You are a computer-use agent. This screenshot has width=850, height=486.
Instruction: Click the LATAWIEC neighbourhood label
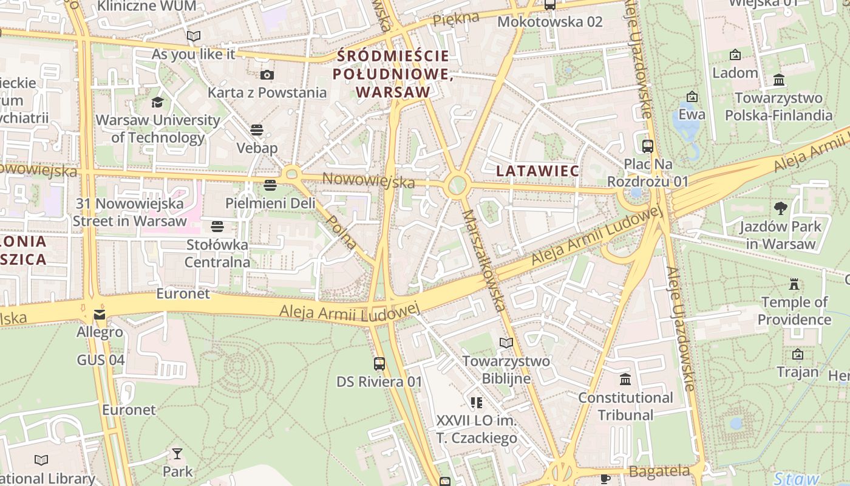tap(537, 171)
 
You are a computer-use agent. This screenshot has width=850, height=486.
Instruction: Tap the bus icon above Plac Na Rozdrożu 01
tap(648, 146)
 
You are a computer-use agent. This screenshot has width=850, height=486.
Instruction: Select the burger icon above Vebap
tap(257, 130)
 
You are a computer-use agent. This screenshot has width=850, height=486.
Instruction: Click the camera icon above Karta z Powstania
tap(267, 75)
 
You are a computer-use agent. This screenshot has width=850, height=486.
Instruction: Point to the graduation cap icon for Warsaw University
tap(158, 102)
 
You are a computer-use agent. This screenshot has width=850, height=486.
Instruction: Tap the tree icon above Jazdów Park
tap(781, 208)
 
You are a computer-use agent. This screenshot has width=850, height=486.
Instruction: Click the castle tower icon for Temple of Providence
tap(794, 284)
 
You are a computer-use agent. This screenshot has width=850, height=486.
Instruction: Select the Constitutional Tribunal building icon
tap(625, 380)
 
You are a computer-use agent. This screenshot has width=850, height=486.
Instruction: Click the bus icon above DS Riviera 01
tap(379, 363)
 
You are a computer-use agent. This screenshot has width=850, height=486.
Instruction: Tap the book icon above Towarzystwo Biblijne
tap(506, 343)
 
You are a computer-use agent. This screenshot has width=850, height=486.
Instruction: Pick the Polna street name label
tap(342, 231)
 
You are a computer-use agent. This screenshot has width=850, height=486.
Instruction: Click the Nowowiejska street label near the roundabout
tap(369, 180)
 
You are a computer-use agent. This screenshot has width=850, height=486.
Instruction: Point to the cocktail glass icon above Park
tap(177, 453)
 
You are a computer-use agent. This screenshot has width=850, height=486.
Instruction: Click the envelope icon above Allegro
tap(100, 314)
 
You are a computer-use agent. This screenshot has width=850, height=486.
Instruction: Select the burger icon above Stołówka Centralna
tap(217, 227)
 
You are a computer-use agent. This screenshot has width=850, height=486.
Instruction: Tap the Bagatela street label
tap(659, 471)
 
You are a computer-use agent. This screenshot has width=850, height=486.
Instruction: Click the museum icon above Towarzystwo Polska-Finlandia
tap(779, 80)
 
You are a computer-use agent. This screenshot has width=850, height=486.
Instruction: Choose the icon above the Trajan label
tap(797, 354)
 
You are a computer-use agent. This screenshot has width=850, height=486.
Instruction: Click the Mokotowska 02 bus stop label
tap(550, 22)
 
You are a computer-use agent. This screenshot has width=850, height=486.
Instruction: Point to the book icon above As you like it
tap(194, 36)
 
